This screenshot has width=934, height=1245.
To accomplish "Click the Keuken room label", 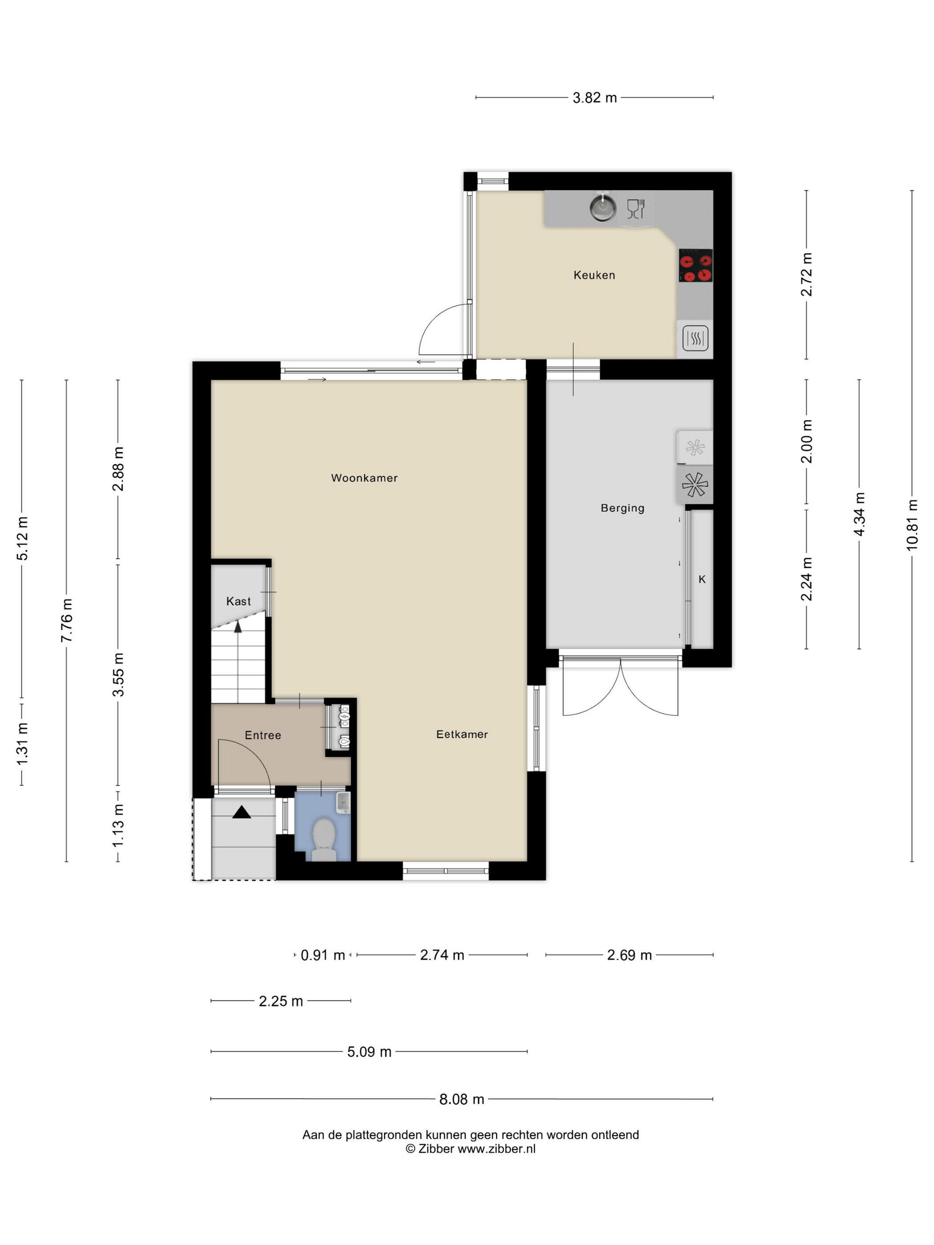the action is tap(594, 275).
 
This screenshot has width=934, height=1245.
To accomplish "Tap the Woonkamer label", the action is tap(364, 478).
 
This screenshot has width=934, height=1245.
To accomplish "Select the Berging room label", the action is tap(622, 508).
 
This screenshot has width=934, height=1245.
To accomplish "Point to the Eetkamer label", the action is tap(462, 734).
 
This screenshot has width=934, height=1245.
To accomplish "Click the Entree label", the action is tap(263, 735).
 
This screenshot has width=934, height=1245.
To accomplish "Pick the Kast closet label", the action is tap(238, 601).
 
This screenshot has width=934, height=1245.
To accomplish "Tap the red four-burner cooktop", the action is tap(695, 265).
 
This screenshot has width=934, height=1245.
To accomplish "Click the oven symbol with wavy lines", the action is tap(695, 339).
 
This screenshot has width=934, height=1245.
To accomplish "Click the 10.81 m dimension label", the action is tap(912, 525).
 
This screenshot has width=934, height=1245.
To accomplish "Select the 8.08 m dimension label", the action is tap(462, 1099).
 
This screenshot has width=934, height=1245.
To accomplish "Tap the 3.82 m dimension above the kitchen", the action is tap(595, 97).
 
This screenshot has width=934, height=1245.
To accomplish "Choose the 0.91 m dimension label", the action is tap(322, 955).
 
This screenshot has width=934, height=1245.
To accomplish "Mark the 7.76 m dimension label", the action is tap(66, 620).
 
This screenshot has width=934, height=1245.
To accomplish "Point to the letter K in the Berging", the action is tap(702, 579).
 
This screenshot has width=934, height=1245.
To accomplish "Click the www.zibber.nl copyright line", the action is tap(471, 1149).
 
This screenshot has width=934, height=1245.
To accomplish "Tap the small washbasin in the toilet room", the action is tap(343, 802).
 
